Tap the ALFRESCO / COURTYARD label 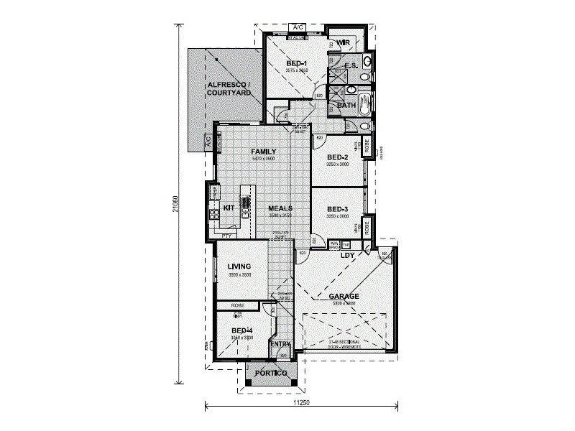point(229,89)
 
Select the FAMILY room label point(264,152)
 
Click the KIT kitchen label point(229,208)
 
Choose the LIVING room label point(239,267)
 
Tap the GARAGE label point(344,296)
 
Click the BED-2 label point(337,157)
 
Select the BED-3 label point(337,208)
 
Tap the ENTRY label point(280,345)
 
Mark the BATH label point(347,105)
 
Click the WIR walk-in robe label point(343,42)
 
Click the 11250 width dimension point(303,404)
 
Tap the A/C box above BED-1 point(297,27)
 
